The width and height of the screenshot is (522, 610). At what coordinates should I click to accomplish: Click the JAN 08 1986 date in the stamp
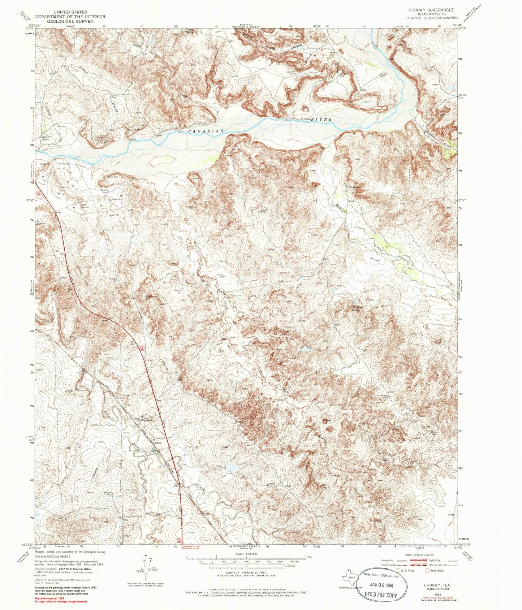tap(383, 583)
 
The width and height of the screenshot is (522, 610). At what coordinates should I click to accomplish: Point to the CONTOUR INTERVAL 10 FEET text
tap(245, 573)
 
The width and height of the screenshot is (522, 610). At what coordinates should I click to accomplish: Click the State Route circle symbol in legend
tap(428, 571)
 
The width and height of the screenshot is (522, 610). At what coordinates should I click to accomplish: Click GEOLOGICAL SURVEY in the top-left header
tap(74, 21)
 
